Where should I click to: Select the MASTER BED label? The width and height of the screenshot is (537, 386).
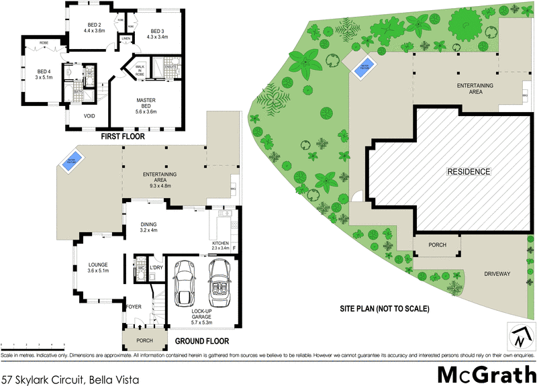click(x=146, y=106)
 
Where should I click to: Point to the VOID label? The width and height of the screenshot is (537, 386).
click(x=89, y=115)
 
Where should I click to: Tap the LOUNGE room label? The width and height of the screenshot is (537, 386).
click(x=98, y=267)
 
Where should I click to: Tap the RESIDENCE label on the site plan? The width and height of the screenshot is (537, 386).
click(x=469, y=172)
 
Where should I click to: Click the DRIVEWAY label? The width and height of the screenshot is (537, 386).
click(x=497, y=275)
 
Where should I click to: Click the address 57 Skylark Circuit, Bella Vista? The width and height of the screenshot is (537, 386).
click(x=70, y=379)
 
